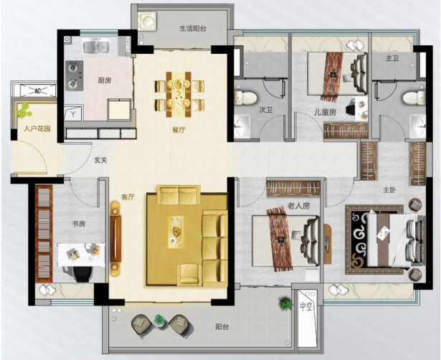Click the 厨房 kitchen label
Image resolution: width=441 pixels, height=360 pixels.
[x=105, y=81]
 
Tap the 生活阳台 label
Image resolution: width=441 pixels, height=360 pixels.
[x=193, y=29]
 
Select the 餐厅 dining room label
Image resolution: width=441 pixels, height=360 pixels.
[x=179, y=130]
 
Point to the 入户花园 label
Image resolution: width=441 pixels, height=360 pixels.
[x=37, y=129]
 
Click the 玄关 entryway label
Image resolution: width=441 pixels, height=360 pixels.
[x=100, y=161]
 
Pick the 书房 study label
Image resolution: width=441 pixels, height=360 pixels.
[x=79, y=224]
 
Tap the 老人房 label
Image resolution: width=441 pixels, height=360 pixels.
[x=298, y=206]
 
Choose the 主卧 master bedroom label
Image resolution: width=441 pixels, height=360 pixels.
[x=389, y=190]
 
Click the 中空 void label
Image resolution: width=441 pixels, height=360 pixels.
[x=306, y=306]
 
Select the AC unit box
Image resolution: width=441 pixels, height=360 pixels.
[x=38, y=90]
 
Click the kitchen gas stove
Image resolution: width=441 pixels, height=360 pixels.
[x=75, y=75]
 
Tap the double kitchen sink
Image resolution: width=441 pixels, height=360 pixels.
[x=95, y=46]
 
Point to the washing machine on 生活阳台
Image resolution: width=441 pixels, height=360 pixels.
[x=146, y=21]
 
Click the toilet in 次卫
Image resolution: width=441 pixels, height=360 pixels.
[x=245, y=97]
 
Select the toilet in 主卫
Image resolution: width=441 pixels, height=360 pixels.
[x=414, y=98]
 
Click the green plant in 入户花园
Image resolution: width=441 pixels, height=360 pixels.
[x=24, y=110]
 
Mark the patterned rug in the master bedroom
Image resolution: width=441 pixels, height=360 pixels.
[x=374, y=240]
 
